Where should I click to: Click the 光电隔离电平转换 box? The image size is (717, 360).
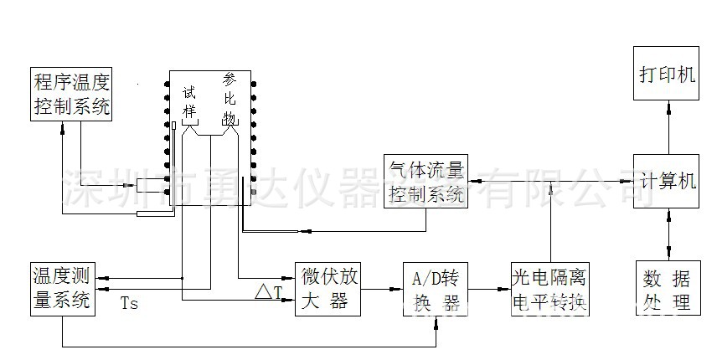550,289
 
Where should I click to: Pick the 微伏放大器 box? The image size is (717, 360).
328,289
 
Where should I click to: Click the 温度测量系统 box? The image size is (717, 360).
61,289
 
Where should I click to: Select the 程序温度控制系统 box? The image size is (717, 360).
71,94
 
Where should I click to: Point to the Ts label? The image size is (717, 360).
129,303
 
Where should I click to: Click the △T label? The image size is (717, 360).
270,294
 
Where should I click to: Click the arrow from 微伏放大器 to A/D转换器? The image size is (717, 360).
381,290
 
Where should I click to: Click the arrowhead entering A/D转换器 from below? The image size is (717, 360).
436,321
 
